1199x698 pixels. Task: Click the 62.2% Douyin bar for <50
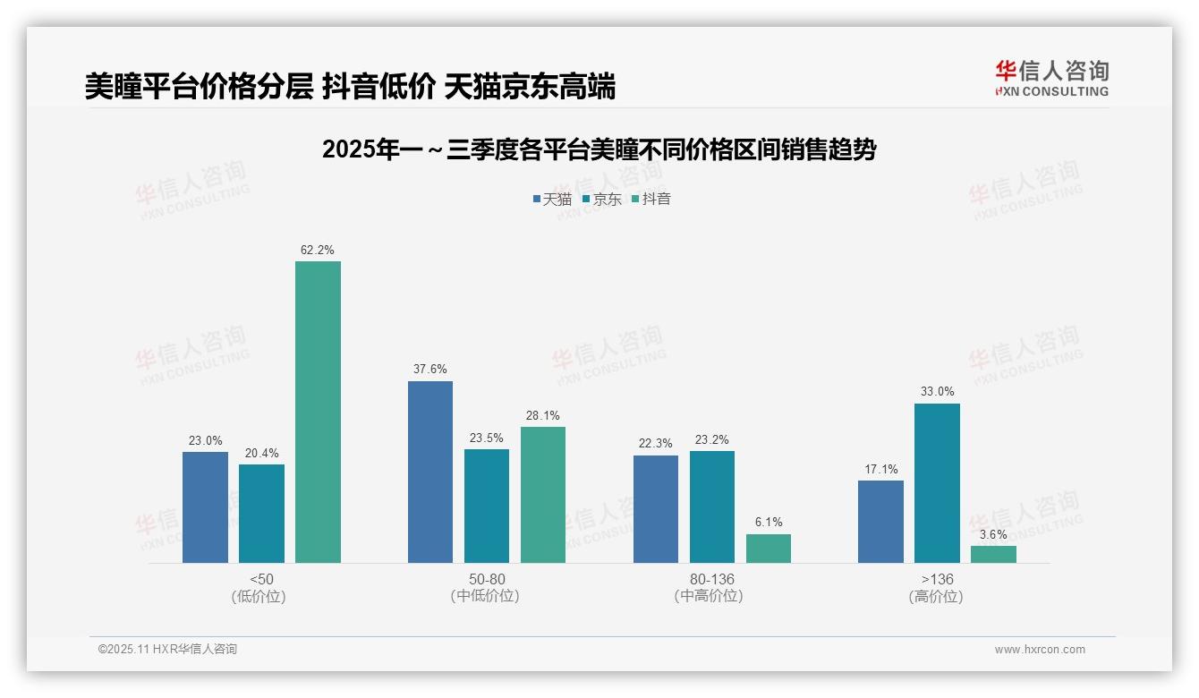[x=318, y=412]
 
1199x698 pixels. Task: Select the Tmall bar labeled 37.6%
[x=430, y=472]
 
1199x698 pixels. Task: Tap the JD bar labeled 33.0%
[x=937, y=483]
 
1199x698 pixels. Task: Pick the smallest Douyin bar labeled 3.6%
[x=993, y=554]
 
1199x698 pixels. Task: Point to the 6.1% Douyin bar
[x=769, y=549]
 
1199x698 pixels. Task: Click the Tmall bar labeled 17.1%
[x=880, y=522]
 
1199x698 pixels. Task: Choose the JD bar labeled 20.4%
[x=261, y=514]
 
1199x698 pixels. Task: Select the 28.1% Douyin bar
[x=543, y=495]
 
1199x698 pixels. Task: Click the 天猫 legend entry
[x=552, y=199]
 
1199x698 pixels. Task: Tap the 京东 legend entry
[x=601, y=199]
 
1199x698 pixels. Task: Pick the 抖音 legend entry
[x=651, y=199]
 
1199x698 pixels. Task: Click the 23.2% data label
[x=711, y=439]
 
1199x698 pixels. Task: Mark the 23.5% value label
[x=487, y=438]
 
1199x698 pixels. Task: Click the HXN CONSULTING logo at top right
[x=1051, y=78]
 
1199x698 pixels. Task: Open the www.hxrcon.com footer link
[x=1039, y=650]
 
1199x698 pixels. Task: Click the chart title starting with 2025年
[x=599, y=149]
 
